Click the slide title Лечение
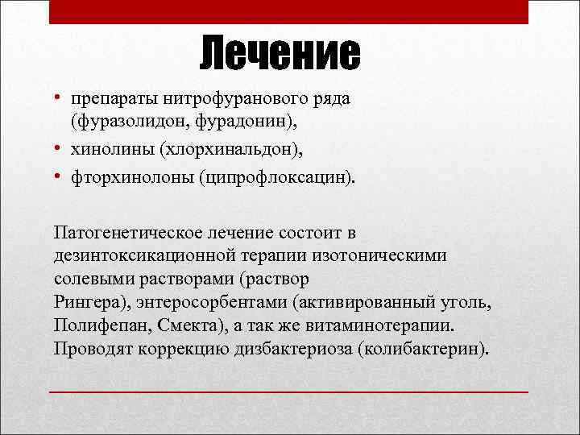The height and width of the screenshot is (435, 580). [x=280, y=55]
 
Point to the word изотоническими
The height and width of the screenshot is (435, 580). [x=387, y=255]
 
